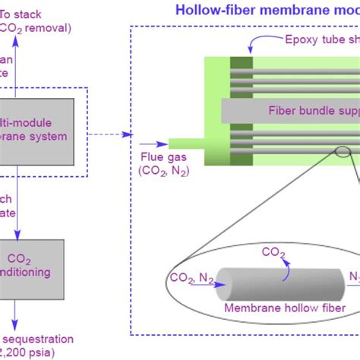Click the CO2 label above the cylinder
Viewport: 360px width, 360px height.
click(274, 251)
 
